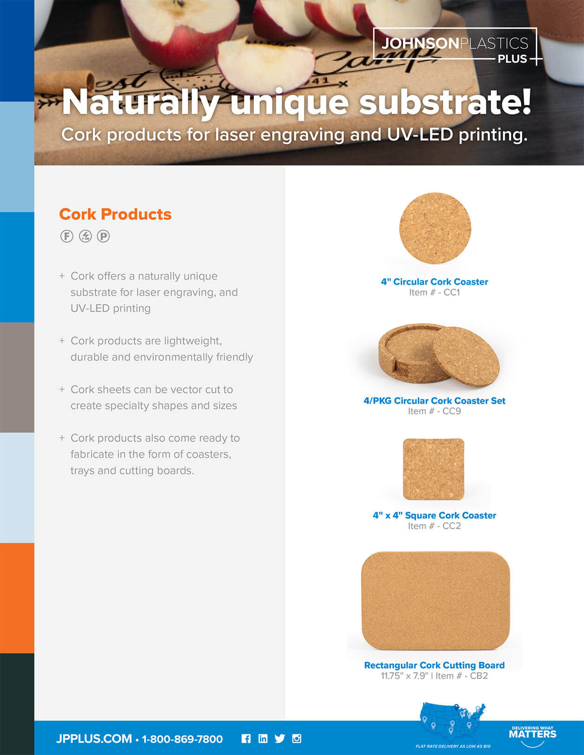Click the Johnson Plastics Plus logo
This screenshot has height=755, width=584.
(x=456, y=46)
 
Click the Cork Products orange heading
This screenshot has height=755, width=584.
(x=115, y=214)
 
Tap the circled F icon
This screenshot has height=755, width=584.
(x=67, y=236)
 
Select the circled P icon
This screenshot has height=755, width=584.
(x=103, y=236)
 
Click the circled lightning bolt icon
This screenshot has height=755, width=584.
(x=85, y=236)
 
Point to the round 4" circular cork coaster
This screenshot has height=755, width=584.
(x=435, y=229)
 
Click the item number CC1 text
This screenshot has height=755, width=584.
(x=434, y=293)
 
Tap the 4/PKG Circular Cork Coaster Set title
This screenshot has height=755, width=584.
(x=434, y=400)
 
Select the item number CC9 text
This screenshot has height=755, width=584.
(x=434, y=411)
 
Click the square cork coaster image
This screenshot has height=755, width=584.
(x=433, y=469)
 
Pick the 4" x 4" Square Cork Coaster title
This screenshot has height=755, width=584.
(x=434, y=515)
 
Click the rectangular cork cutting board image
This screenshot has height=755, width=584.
(x=435, y=600)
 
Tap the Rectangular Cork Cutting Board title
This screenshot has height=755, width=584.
(x=434, y=665)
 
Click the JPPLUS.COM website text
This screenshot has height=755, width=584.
(x=93, y=739)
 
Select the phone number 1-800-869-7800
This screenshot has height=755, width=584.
(x=182, y=739)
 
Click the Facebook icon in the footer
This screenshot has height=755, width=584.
(x=246, y=739)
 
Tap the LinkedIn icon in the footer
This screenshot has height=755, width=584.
(x=263, y=739)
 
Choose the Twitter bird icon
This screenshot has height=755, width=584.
(x=279, y=739)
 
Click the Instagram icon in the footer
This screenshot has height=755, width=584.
(x=297, y=739)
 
